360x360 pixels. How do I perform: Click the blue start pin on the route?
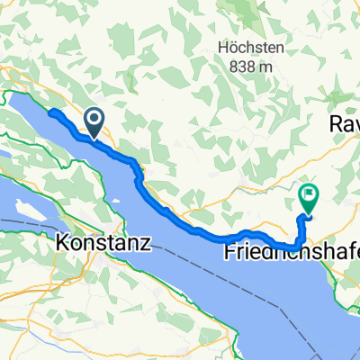[x=94, y=121]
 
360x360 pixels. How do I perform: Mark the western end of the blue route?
[x=49, y=112]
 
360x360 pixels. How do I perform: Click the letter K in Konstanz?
[x=62, y=242]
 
